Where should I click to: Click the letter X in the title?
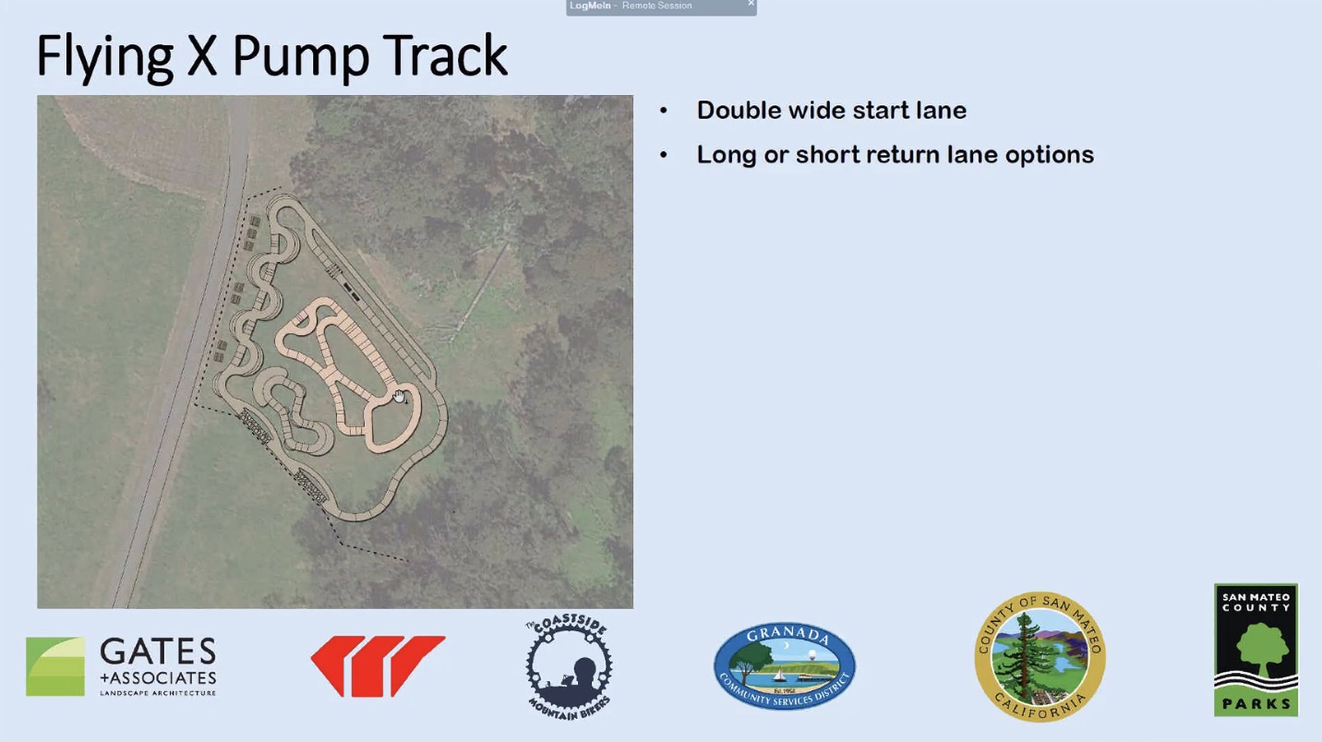pyautogui.click(x=202, y=55)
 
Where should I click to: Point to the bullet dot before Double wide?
pyautogui.click(x=664, y=111)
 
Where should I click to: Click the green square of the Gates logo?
pyautogui.click(x=55, y=666)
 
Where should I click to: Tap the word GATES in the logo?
pyautogui.click(x=158, y=652)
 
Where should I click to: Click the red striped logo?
pyautogui.click(x=378, y=666)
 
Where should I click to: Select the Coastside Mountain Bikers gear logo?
pyautogui.click(x=569, y=667)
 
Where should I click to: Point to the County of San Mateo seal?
pyautogui.click(x=1040, y=656)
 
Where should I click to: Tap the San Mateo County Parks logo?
pyautogui.click(x=1256, y=650)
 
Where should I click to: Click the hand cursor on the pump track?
pyautogui.click(x=400, y=396)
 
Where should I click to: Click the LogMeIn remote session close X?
pyautogui.click(x=751, y=4)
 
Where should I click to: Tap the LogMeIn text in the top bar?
pyautogui.click(x=590, y=6)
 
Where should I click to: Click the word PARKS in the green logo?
pyautogui.click(x=1256, y=703)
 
